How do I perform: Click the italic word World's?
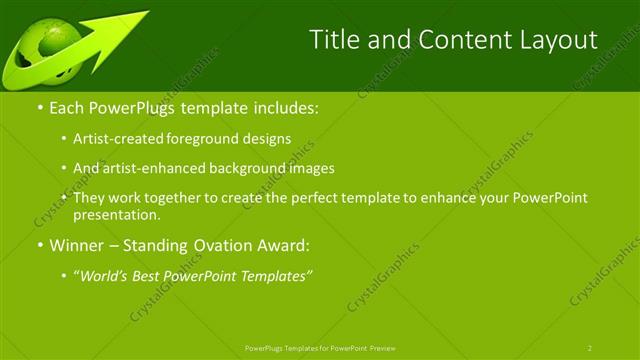(x=102, y=275)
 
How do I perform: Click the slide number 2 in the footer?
(x=589, y=348)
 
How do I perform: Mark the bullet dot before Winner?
(x=40, y=246)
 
